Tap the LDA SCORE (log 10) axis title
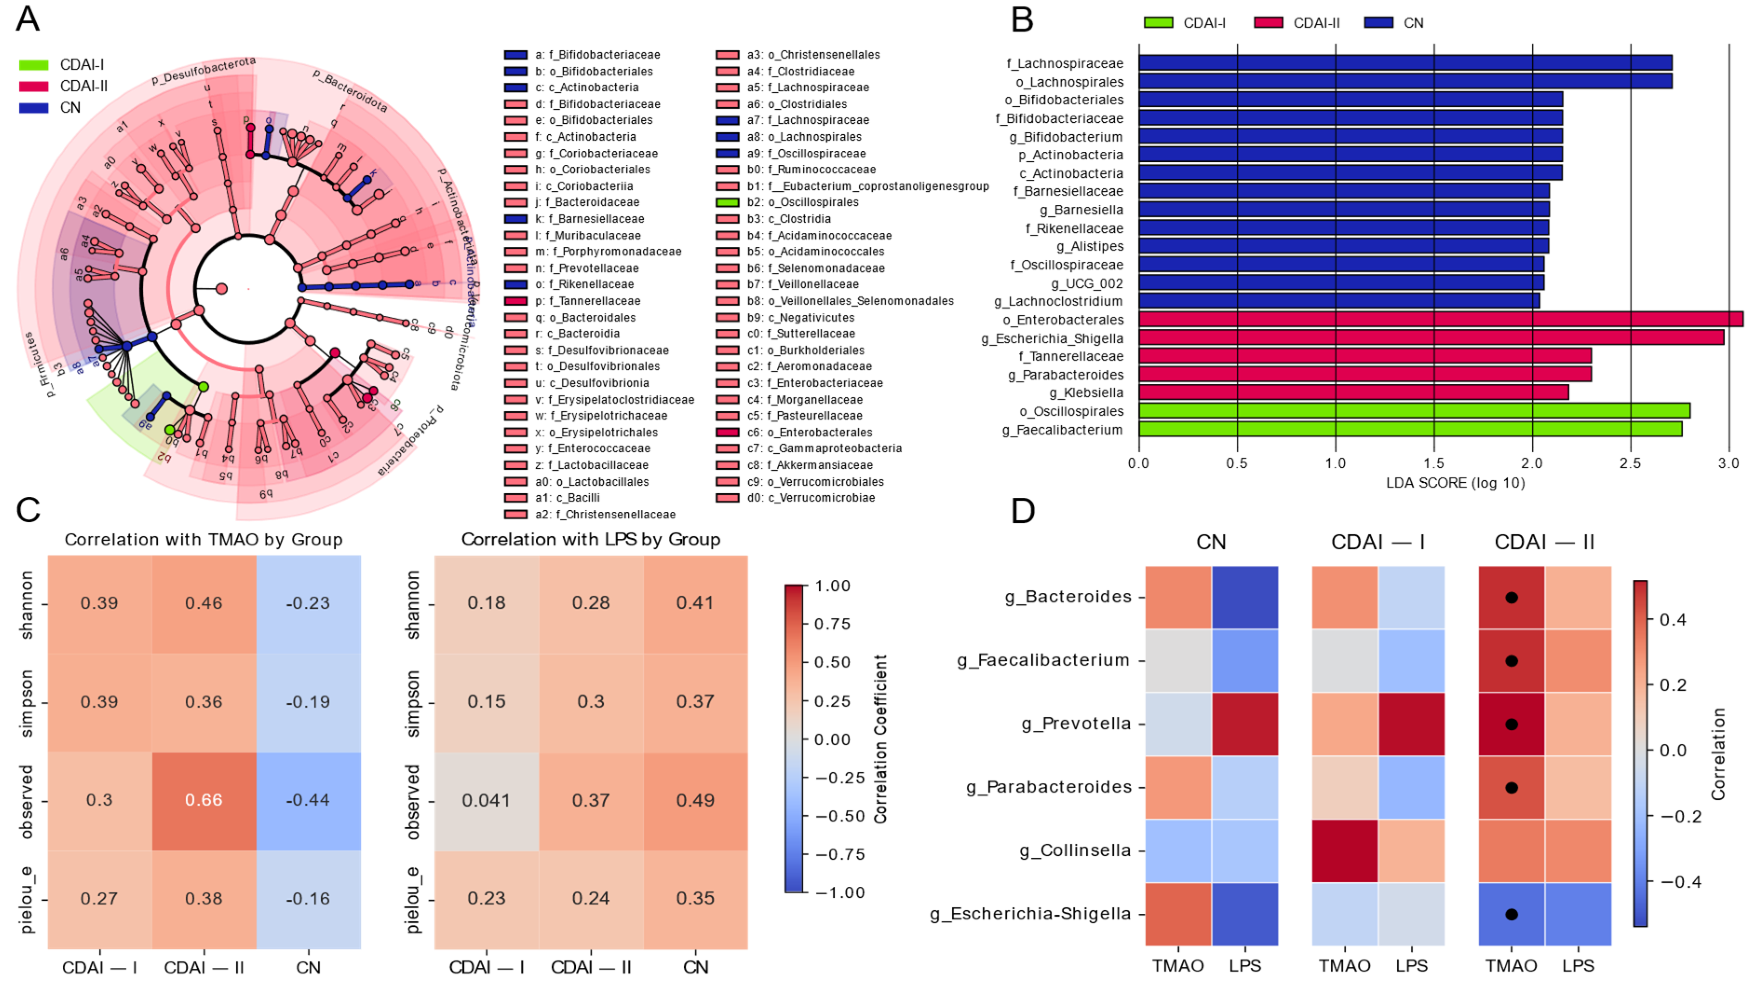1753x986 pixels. click(1455, 483)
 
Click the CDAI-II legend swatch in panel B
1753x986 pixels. click(1268, 22)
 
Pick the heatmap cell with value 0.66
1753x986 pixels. click(203, 800)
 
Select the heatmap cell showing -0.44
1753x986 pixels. click(308, 800)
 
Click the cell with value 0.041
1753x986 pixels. click(486, 800)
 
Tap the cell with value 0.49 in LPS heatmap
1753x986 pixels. click(695, 800)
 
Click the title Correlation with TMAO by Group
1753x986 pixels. click(203, 539)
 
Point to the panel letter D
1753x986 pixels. click(1023, 511)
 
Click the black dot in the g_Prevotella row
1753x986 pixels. click(1511, 724)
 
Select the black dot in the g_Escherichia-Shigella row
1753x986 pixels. click(1511, 914)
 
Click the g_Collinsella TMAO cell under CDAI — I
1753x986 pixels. click(1345, 850)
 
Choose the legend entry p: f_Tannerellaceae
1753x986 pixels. click(587, 301)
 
